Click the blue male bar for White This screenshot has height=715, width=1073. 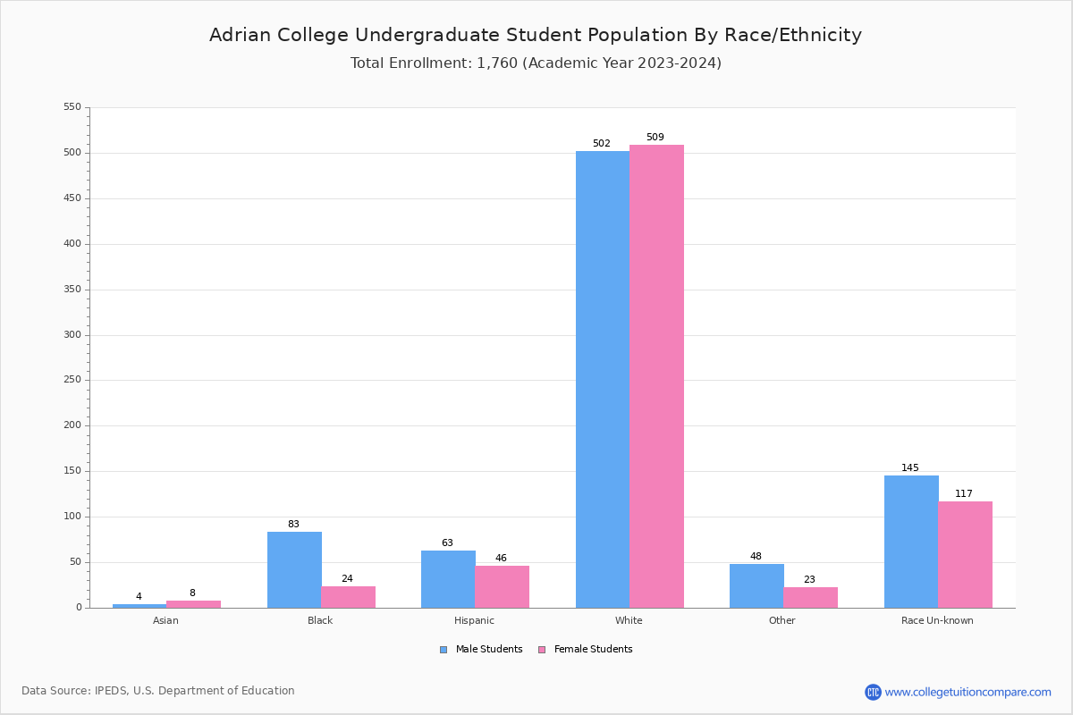pos(602,380)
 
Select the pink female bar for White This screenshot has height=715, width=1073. pos(656,376)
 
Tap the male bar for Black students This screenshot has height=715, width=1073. pos(294,570)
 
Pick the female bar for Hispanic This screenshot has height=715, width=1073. pos(502,587)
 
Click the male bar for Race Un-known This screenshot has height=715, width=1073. pos(911,542)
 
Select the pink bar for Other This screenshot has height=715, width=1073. pos(810,598)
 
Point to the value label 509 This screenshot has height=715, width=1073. pos(655,138)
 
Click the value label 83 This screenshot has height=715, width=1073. pos(293,525)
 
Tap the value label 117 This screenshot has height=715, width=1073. pos(964,494)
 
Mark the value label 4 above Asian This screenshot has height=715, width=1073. pos(139,597)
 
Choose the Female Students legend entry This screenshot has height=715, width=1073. pos(586,650)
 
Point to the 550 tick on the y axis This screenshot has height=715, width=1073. pos(72,107)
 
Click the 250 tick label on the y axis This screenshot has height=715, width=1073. pos(72,380)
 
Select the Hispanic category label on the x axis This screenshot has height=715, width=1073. pos(474,620)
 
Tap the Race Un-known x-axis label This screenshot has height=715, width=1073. pos(937,620)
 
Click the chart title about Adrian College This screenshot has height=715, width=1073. pos(536,35)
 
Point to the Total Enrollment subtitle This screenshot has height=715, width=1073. pos(536,63)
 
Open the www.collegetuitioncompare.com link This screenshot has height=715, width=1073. pos(967,692)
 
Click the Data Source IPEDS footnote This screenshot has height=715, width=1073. pos(158,691)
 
